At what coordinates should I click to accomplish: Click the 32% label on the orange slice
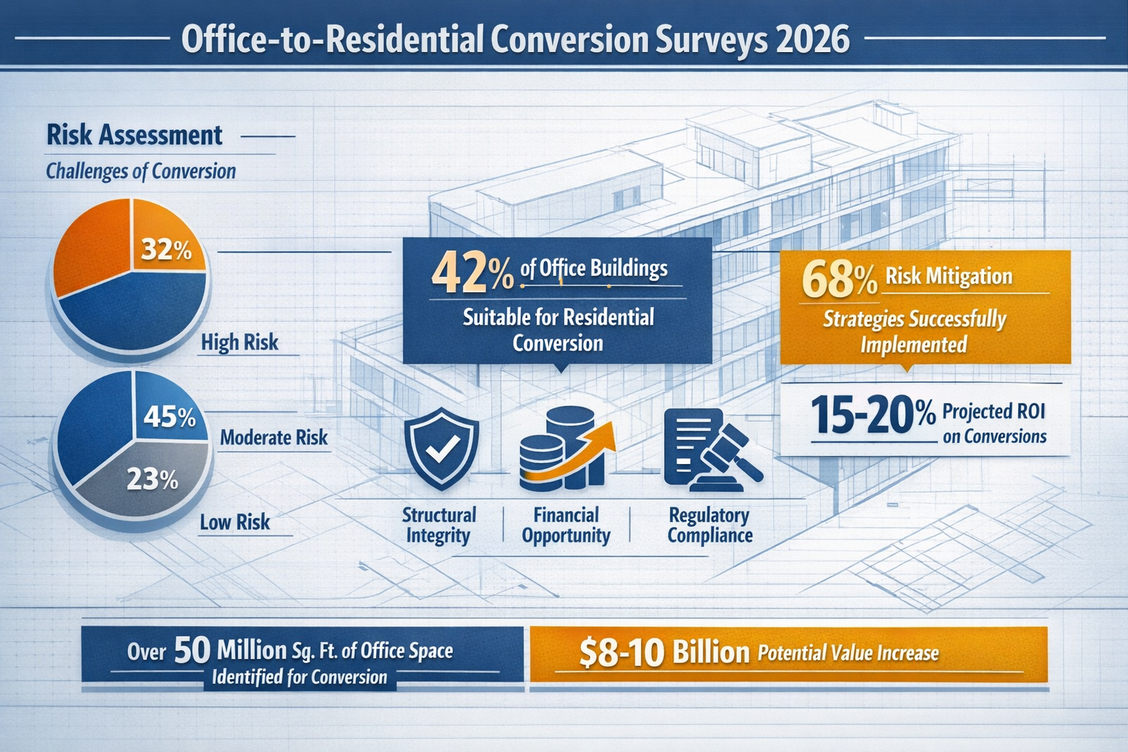pos(166,250)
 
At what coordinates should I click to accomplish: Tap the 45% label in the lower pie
pos(170,417)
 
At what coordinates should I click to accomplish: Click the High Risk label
pos(239,342)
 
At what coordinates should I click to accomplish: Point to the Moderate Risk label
pos(274,438)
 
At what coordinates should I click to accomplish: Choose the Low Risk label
pos(234,522)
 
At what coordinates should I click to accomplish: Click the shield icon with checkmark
pos(441,449)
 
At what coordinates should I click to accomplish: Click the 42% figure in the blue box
pos(472,272)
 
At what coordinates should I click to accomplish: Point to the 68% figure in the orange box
pos(839,280)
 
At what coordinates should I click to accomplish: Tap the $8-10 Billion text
pos(664,652)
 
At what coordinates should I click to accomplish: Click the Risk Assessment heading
pos(134,135)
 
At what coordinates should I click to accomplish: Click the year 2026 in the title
pos(812,39)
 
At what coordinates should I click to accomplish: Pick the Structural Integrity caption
pos(438,525)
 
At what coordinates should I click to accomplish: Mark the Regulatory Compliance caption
pos(709,525)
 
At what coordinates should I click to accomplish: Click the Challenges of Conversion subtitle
pos(141,171)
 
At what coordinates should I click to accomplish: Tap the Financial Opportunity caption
pos(565,525)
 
